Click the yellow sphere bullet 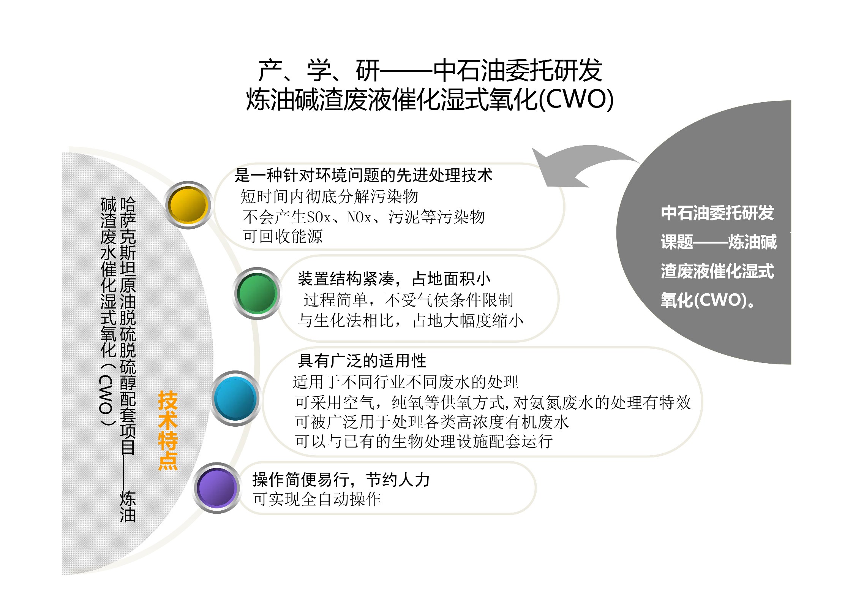point(188,205)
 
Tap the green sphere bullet point(257,293)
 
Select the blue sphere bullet point(235,398)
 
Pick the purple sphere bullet point(217,488)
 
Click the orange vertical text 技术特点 point(168,430)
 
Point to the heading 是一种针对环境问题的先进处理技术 point(363,175)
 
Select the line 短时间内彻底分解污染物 point(329,196)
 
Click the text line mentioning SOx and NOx point(363,217)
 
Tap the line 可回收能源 point(283,236)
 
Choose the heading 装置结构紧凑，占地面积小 point(394,279)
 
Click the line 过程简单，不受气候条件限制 point(408,300)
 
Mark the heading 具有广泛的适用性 point(362,361)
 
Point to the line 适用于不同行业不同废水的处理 point(406,382)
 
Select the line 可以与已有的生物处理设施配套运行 point(424,441)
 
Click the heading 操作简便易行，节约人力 point(341,480)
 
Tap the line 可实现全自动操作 point(317,499)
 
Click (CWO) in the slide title point(576,100)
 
